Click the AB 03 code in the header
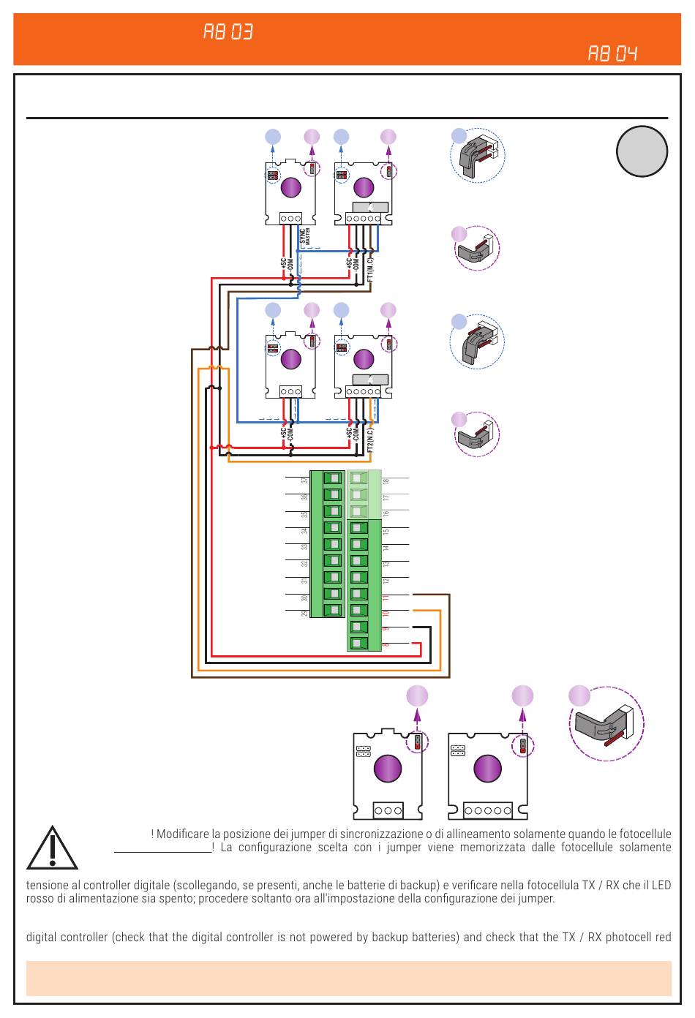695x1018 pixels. [x=228, y=32]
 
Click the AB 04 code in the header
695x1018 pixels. [x=612, y=53]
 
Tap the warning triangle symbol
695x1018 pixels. [x=52, y=848]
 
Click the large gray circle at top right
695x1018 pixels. [x=642, y=151]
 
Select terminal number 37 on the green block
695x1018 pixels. [x=305, y=480]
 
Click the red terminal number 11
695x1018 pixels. [x=386, y=597]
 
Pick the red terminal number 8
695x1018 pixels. [x=386, y=644]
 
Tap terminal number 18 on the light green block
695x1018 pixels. [x=386, y=480]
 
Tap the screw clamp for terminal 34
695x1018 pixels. [x=334, y=528]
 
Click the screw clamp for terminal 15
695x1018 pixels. [x=358, y=528]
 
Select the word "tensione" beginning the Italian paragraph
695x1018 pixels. [x=48, y=885]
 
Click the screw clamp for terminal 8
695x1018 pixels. [x=358, y=644]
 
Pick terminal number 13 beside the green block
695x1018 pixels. [x=386, y=564]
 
